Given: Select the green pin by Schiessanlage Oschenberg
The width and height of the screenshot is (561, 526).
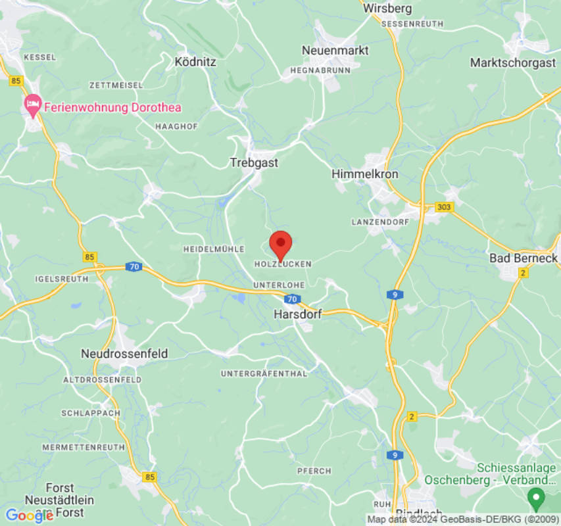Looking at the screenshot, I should [536, 498].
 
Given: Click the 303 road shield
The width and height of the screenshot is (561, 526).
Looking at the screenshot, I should [445, 207].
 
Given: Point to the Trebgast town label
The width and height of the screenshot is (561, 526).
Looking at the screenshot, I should [254, 162].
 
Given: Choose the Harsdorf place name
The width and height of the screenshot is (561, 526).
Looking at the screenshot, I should [297, 314].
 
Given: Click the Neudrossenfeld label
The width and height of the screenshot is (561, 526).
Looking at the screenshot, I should [124, 354].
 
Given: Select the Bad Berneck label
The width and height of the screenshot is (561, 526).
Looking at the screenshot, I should [524, 258].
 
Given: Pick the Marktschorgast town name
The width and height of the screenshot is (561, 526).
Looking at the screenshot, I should [512, 62].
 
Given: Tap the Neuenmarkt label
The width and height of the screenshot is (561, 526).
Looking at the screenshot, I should [335, 50].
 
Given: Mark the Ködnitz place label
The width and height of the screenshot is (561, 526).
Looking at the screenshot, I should [195, 62].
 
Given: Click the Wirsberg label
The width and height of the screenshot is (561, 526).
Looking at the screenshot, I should [387, 9].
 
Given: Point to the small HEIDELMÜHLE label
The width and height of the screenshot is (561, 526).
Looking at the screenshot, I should [213, 249].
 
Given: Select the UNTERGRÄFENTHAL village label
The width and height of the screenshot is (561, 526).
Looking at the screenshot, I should [264, 373].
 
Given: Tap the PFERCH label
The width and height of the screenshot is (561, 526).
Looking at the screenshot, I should [314, 471].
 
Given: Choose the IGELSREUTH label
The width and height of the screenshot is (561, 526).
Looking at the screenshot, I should [62, 279].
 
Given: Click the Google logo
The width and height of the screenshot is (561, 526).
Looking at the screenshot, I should [29, 516].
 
